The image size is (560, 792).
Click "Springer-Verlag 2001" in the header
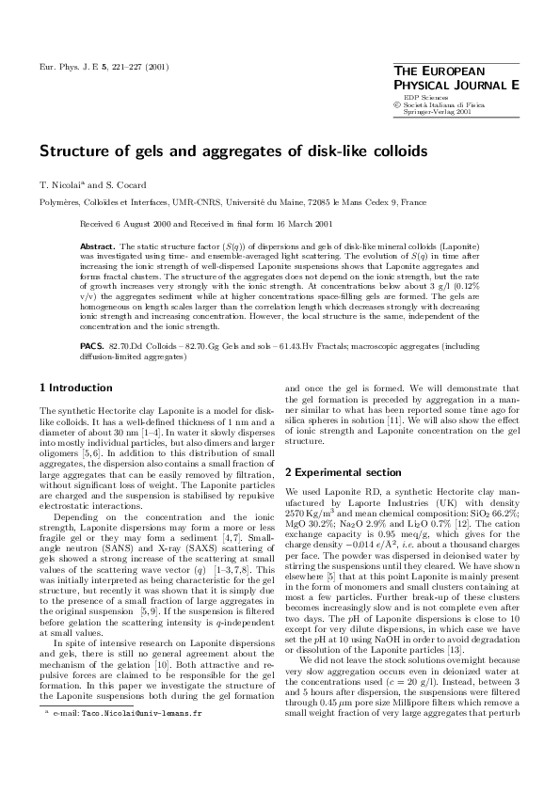437,111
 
